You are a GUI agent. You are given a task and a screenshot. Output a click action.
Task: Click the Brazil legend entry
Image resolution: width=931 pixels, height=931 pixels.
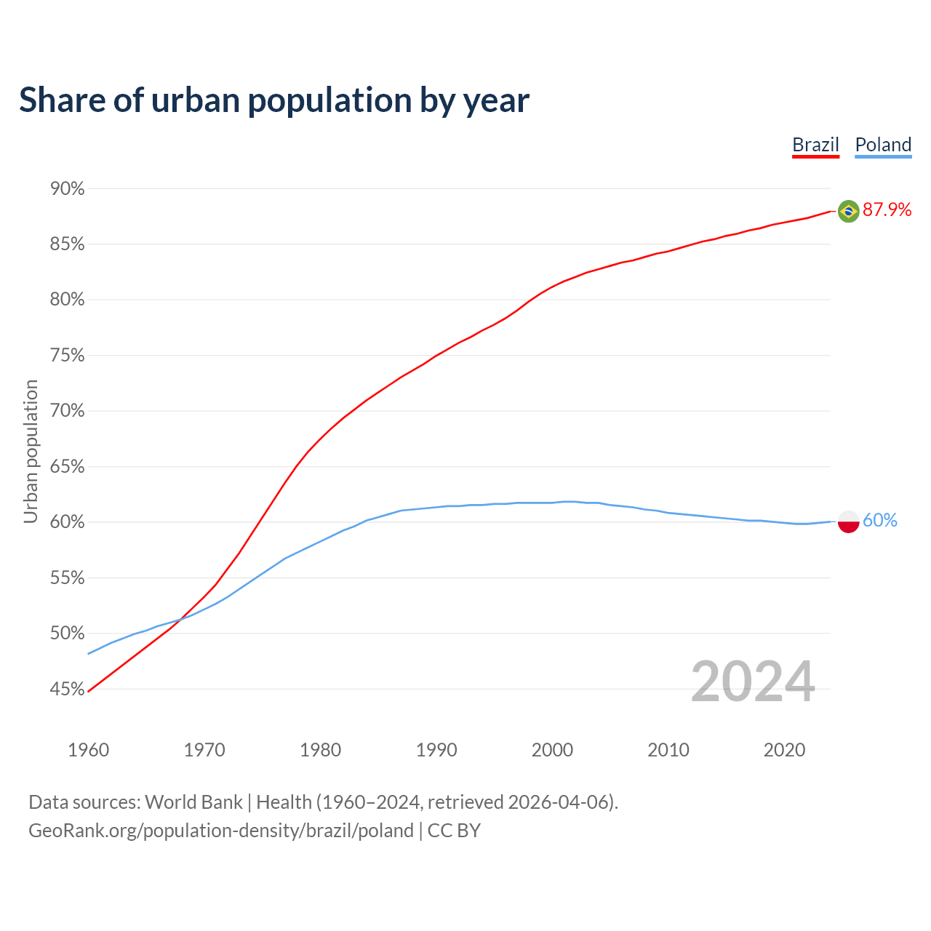coord(815,145)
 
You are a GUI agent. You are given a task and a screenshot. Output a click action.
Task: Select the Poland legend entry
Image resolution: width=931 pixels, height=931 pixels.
coord(883,145)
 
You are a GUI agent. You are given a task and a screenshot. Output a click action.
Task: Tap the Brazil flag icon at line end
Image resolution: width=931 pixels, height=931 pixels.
coord(848,211)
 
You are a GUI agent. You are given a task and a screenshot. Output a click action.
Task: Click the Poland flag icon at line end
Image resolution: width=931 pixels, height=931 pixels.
coord(848,522)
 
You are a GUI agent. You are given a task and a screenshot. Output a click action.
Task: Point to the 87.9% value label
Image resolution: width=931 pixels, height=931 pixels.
coord(887,210)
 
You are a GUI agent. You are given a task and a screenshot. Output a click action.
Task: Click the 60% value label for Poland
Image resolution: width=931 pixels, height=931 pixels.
coord(880,521)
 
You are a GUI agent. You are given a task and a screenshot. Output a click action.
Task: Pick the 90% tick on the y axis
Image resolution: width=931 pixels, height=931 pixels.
coord(67,189)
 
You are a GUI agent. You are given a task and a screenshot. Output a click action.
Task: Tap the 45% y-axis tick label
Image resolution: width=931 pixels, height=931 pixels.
coord(67,689)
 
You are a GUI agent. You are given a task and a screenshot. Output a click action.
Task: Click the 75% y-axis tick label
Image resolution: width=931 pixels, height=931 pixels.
coord(67,356)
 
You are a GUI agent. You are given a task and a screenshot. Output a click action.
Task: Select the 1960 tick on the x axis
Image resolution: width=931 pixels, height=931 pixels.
coord(88,750)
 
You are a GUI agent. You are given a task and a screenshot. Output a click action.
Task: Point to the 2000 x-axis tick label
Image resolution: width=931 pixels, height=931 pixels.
coord(552,750)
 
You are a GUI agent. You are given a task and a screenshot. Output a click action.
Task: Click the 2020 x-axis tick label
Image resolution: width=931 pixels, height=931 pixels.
coord(784,750)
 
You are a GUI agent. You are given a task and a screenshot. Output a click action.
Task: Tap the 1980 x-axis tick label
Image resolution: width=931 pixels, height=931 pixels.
coord(320,750)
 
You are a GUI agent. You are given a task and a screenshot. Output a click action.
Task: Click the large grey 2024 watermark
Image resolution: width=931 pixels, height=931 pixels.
coord(753,682)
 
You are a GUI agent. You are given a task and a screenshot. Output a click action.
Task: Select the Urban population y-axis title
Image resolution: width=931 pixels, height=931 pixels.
coord(31,451)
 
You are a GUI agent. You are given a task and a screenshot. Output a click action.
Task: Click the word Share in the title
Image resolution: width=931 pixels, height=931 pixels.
coord(61,100)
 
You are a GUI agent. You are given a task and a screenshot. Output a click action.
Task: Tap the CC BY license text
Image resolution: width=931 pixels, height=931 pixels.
coord(454,831)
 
